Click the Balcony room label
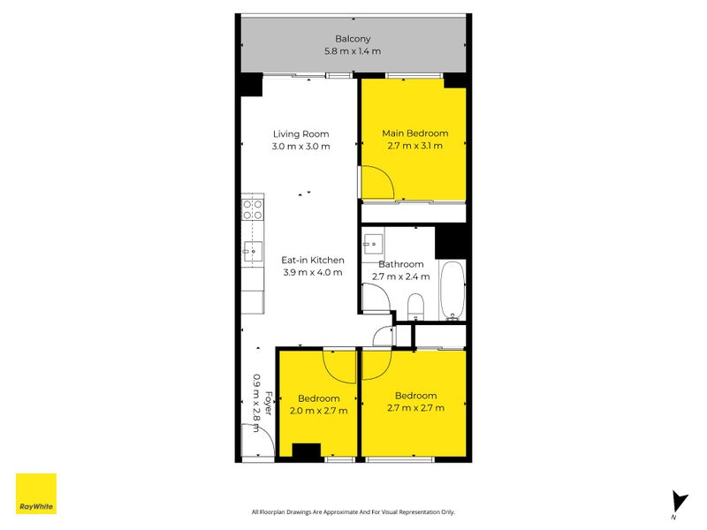tap(353, 39)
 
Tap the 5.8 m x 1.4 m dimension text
tap(353, 51)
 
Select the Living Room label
tap(300, 134)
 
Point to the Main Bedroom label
tap(414, 133)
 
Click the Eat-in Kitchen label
tap(313, 260)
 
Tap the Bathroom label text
tap(401, 264)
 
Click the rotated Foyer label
tap(269, 403)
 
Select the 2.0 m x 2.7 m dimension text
tap(318, 411)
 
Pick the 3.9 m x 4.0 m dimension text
tap(313, 272)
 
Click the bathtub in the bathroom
tap(452, 291)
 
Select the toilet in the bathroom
tap(415, 307)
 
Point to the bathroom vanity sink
tap(373, 245)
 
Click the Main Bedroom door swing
tap(378, 182)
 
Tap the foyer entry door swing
tap(257, 440)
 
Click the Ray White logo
tap(36, 494)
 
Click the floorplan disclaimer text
tap(353, 512)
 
